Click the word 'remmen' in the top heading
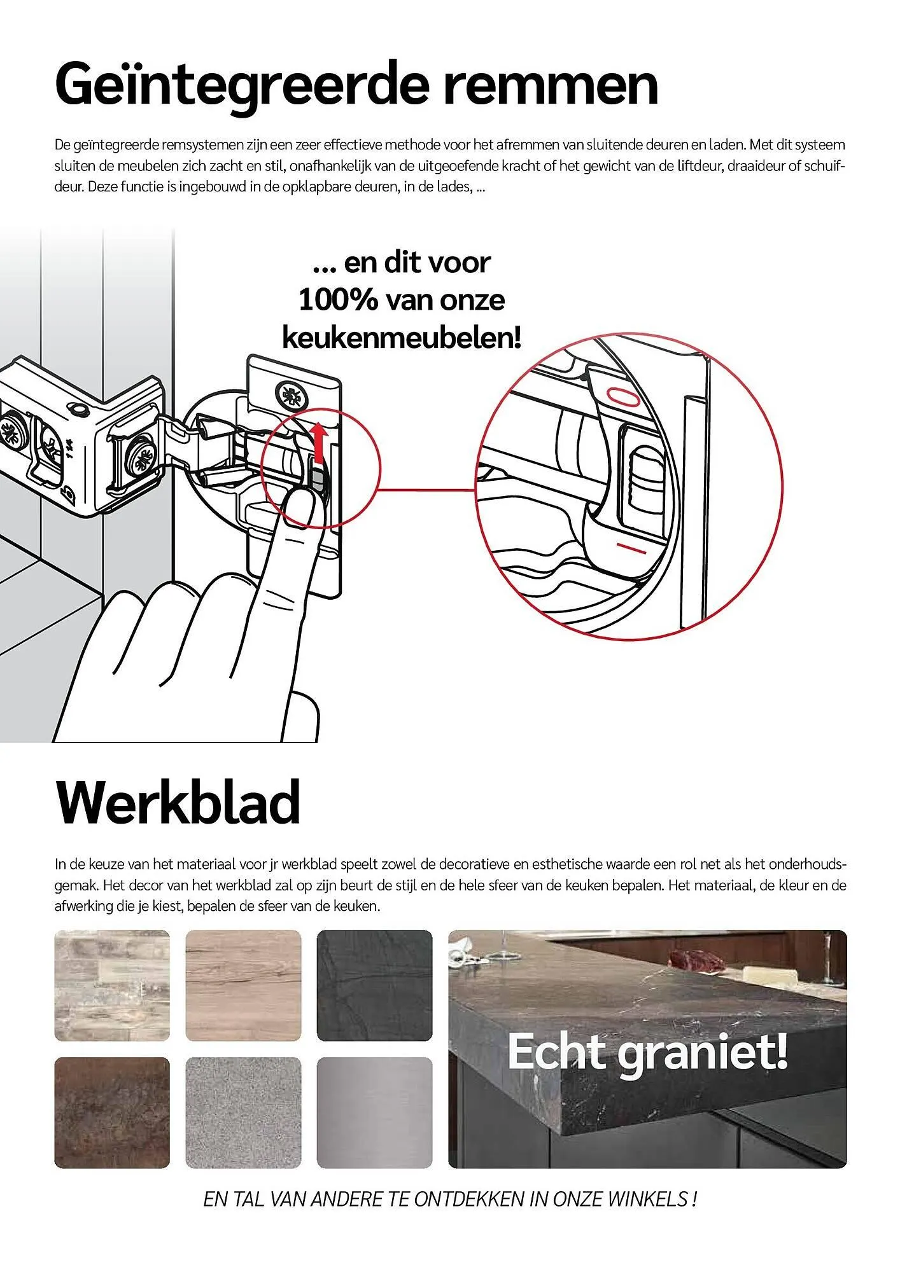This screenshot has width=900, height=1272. [551, 85]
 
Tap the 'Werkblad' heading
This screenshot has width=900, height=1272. [178, 803]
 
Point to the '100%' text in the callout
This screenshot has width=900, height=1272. [338, 300]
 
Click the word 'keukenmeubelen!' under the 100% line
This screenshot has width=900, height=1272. [402, 337]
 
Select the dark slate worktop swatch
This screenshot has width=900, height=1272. [374, 985]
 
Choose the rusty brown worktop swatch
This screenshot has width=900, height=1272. [112, 1112]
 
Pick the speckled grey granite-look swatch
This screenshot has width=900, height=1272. [243, 1112]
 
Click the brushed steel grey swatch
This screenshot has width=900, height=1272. [374, 1112]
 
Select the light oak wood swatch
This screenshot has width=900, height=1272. [243, 985]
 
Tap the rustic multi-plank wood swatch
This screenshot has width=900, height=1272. [112, 985]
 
